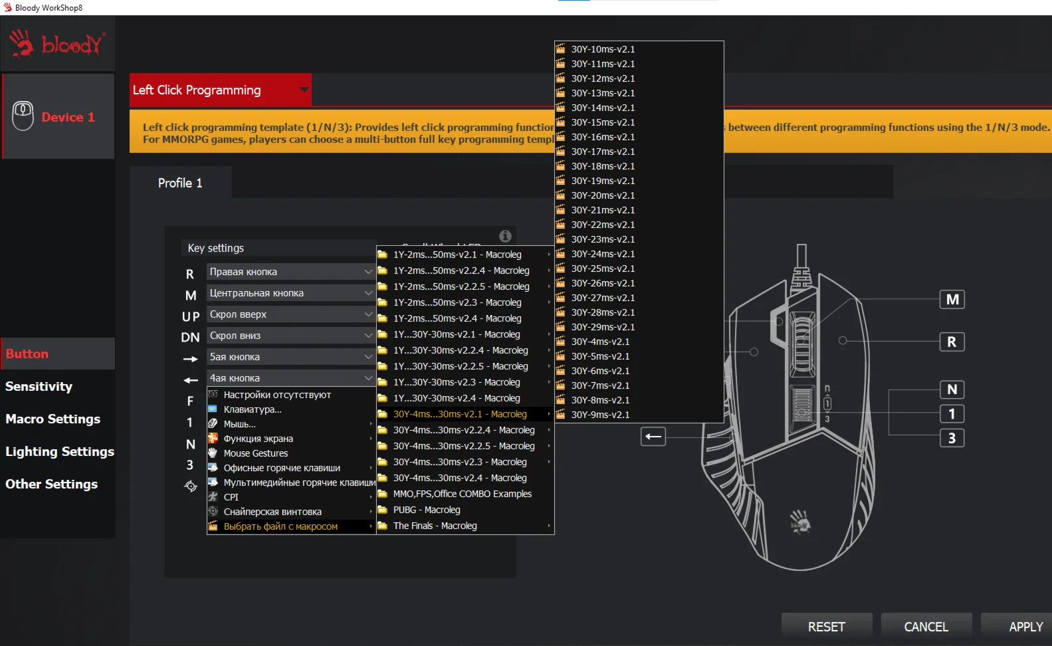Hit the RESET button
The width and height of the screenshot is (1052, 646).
(x=826, y=627)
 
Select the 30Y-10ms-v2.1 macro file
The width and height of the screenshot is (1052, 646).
(x=603, y=49)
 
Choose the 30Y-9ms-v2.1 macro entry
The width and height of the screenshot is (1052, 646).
(x=600, y=415)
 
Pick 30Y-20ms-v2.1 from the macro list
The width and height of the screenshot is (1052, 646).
(x=603, y=195)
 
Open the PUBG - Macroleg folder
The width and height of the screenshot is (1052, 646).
(x=427, y=510)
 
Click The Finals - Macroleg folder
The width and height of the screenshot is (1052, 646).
(x=435, y=526)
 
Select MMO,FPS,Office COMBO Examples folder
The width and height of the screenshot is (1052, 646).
(x=462, y=494)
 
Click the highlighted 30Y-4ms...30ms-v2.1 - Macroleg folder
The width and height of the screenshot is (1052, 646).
(x=460, y=414)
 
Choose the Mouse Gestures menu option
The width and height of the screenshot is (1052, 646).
(x=256, y=453)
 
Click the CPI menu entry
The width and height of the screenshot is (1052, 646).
(x=231, y=497)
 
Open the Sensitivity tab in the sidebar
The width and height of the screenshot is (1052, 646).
(x=39, y=386)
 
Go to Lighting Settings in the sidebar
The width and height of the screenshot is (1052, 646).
(x=60, y=451)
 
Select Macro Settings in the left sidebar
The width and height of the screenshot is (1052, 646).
(x=53, y=419)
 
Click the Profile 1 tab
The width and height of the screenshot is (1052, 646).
(x=180, y=183)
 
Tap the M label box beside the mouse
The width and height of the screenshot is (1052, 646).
(x=952, y=300)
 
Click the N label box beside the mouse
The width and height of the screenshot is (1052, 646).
(x=952, y=389)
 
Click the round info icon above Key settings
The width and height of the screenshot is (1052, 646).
(x=505, y=236)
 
